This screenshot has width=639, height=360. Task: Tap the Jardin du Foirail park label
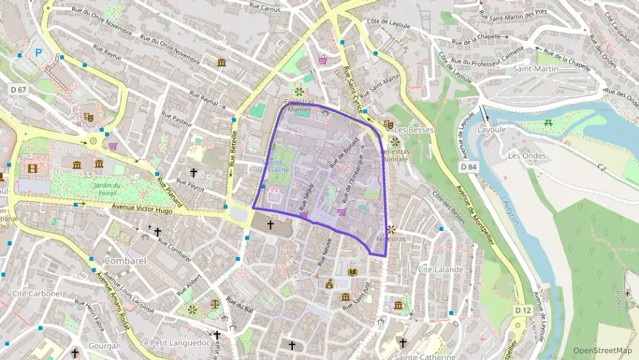[107, 189]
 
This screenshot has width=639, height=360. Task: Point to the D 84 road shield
[468, 166]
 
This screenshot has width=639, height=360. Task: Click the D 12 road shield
[522, 310]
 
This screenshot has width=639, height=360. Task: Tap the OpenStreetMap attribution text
[602, 350]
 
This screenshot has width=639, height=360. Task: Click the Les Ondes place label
[527, 155]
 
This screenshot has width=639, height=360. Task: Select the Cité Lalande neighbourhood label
[440, 269]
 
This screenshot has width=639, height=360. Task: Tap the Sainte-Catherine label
[425, 357]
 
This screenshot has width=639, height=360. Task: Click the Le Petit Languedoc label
[175, 342]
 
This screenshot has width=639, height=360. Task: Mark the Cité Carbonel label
[38, 293]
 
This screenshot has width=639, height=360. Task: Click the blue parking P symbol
[38, 52]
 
